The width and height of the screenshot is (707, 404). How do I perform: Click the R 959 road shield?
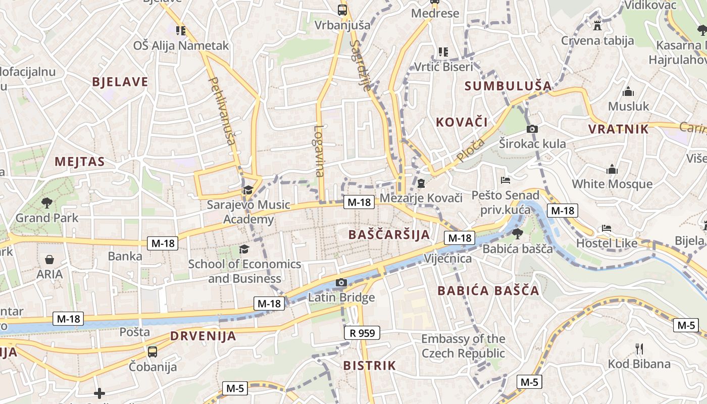tap(362, 333)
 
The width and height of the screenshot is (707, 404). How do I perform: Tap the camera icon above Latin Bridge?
tap(341, 282)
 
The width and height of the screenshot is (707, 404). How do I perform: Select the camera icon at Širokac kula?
tap(532, 129)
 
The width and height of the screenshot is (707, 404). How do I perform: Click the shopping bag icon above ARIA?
tap(49, 260)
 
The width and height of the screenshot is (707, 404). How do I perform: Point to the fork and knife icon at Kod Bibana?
tap(639, 348)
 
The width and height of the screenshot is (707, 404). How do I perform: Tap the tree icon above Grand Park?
tap(47, 203)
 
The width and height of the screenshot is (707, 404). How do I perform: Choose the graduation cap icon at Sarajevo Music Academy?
tap(247, 190)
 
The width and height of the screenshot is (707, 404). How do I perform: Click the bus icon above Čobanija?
tap(152, 351)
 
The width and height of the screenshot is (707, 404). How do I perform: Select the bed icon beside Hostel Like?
tap(607, 228)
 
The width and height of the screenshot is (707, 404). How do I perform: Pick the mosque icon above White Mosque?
tap(612, 169)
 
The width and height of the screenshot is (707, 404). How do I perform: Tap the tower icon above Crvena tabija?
tap(597, 25)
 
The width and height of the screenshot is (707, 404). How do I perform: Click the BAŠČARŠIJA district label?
tap(389, 234)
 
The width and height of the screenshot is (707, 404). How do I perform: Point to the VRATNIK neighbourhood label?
tap(618, 129)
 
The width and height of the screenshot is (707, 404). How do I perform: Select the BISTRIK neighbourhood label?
tap(369, 366)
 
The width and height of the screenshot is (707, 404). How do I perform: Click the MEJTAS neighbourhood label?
tap(80, 162)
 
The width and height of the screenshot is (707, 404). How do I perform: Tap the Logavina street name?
tap(319, 150)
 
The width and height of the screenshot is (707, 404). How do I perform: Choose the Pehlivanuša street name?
tap(222, 111)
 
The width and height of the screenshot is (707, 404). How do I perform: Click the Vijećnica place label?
tap(448, 259)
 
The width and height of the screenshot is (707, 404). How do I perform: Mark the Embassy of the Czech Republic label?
tap(463, 346)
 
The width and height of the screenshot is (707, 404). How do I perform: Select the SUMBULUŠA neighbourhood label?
tap(508, 86)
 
